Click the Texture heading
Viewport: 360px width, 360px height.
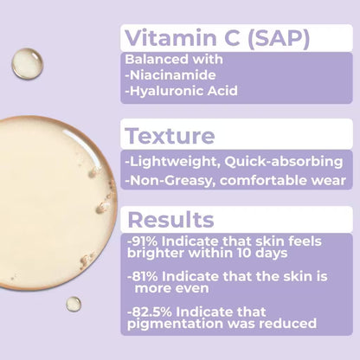pos(170,136)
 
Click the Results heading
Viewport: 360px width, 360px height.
pos(167,218)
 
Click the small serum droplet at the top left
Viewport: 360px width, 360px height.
pos(26,63)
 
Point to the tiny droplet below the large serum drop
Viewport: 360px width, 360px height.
pos(74,304)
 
